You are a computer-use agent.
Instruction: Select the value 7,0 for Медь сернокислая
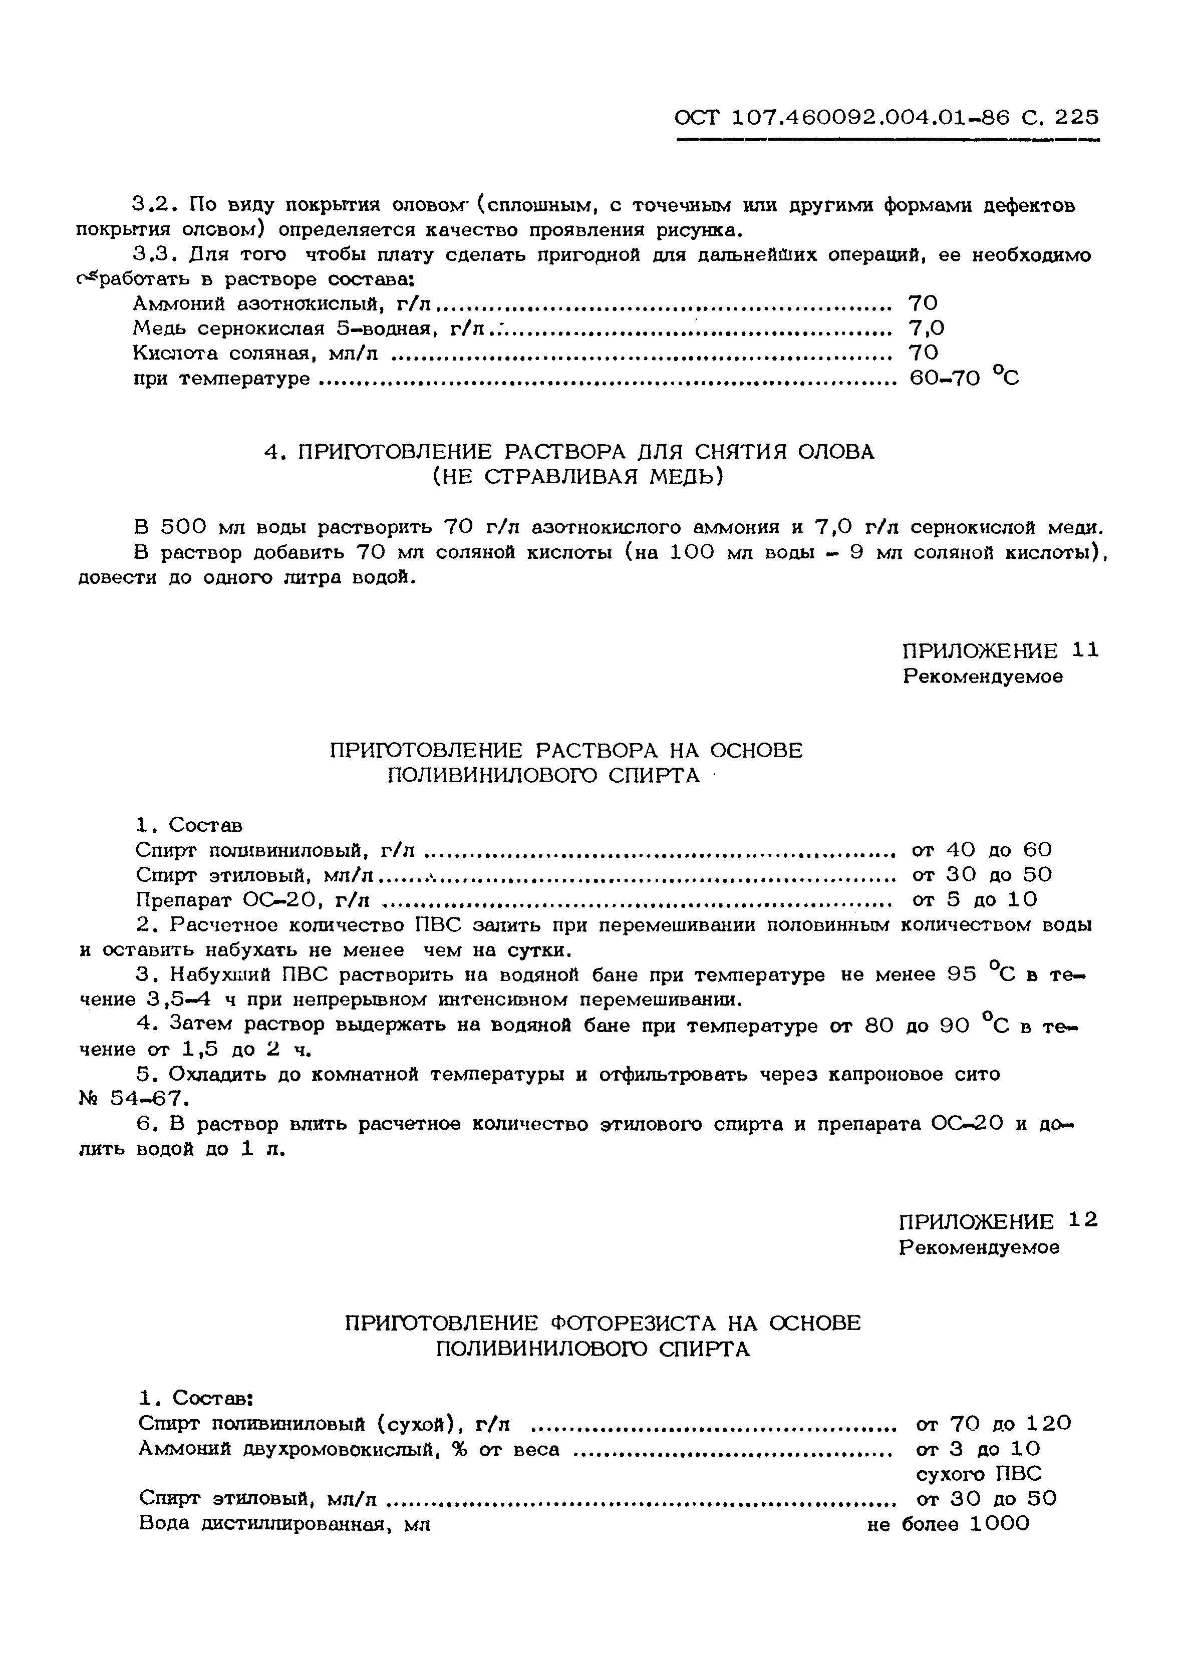pyautogui.click(x=927, y=328)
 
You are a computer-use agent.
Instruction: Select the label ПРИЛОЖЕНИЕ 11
pyautogui.click(x=999, y=650)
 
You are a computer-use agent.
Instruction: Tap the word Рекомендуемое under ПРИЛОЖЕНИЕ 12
pyautogui.click(x=978, y=1247)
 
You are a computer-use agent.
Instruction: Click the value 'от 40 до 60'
pyautogui.click(x=981, y=850)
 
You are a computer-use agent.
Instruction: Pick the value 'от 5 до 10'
pyautogui.click(x=974, y=900)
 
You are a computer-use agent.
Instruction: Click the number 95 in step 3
pyautogui.click(x=962, y=975)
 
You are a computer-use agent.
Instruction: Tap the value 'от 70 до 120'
pyautogui.click(x=993, y=1423)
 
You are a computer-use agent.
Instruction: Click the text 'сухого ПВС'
pyautogui.click(x=978, y=1474)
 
